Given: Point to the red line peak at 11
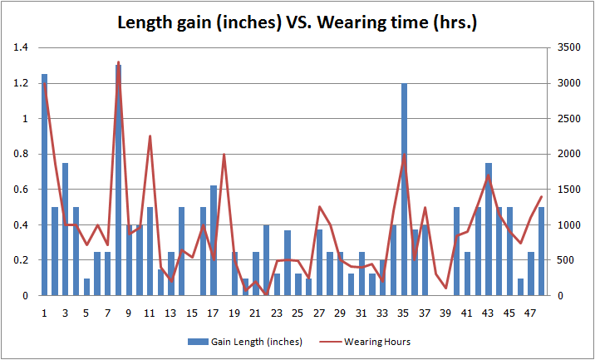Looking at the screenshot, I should pyautogui.click(x=150, y=136).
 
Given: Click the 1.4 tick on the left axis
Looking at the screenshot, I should pyautogui.click(x=21, y=48).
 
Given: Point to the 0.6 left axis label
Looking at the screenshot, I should pyautogui.click(x=21, y=190).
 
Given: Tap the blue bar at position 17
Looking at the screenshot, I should pyautogui.click(x=214, y=240).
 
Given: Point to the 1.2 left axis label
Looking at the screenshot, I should pyautogui.click(x=21, y=83).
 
